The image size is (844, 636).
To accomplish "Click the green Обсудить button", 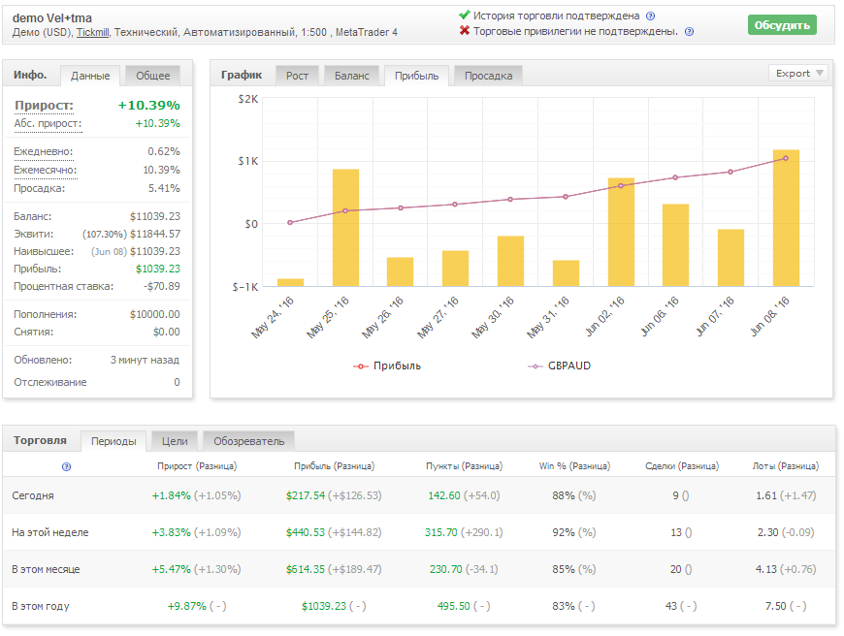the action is [782, 25].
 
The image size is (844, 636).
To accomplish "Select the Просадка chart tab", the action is [488, 76].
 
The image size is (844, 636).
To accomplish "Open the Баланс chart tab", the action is [351, 76].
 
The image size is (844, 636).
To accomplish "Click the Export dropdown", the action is [797, 73].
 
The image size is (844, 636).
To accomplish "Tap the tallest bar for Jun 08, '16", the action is [786, 217].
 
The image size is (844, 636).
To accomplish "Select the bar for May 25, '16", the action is [345, 228].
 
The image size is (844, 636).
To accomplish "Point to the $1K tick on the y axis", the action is [248, 161].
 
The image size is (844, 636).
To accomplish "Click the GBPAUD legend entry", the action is [560, 366].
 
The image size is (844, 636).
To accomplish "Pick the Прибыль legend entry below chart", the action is [387, 366].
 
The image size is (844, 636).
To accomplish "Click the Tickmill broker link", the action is [92, 32].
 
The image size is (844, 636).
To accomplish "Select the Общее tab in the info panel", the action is [153, 76].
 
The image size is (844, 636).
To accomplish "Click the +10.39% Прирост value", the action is [149, 105].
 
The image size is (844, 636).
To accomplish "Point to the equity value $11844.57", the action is [155, 234].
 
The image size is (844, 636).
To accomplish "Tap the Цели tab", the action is [175, 441].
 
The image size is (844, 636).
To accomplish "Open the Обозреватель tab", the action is [248, 441].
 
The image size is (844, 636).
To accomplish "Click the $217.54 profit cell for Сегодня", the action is [306, 495].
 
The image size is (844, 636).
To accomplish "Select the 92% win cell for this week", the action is [564, 532].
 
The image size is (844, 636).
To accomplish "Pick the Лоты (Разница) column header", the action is [786, 466].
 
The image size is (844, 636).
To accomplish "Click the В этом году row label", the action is [41, 606].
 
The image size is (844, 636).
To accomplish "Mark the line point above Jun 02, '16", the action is [621, 185].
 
